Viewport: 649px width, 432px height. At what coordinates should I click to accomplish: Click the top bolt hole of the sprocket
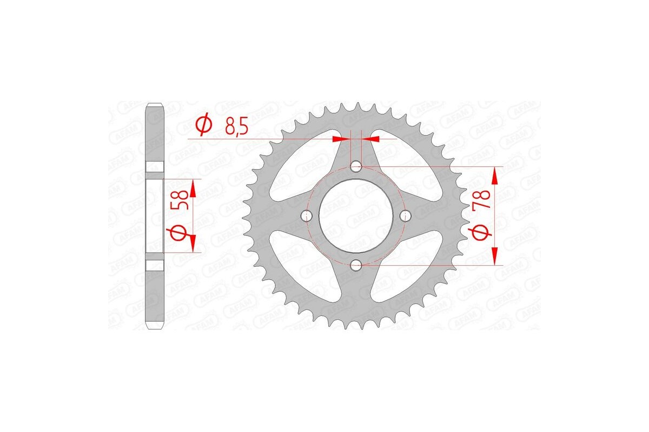coord(356,167)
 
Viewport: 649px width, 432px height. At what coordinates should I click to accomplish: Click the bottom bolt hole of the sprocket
coord(356,265)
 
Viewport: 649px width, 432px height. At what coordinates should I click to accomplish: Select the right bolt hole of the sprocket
coord(405,216)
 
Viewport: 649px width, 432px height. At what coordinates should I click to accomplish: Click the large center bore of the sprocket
coord(356,216)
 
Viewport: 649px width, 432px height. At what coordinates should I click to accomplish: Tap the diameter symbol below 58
coord(180,233)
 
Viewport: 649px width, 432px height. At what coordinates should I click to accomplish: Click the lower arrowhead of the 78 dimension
coord(495,258)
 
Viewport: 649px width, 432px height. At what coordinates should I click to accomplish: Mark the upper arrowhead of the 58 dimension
coord(192,186)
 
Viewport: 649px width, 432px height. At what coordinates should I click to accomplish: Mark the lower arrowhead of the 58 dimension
coord(192,246)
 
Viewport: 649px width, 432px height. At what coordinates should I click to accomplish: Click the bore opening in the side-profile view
coord(155,216)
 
